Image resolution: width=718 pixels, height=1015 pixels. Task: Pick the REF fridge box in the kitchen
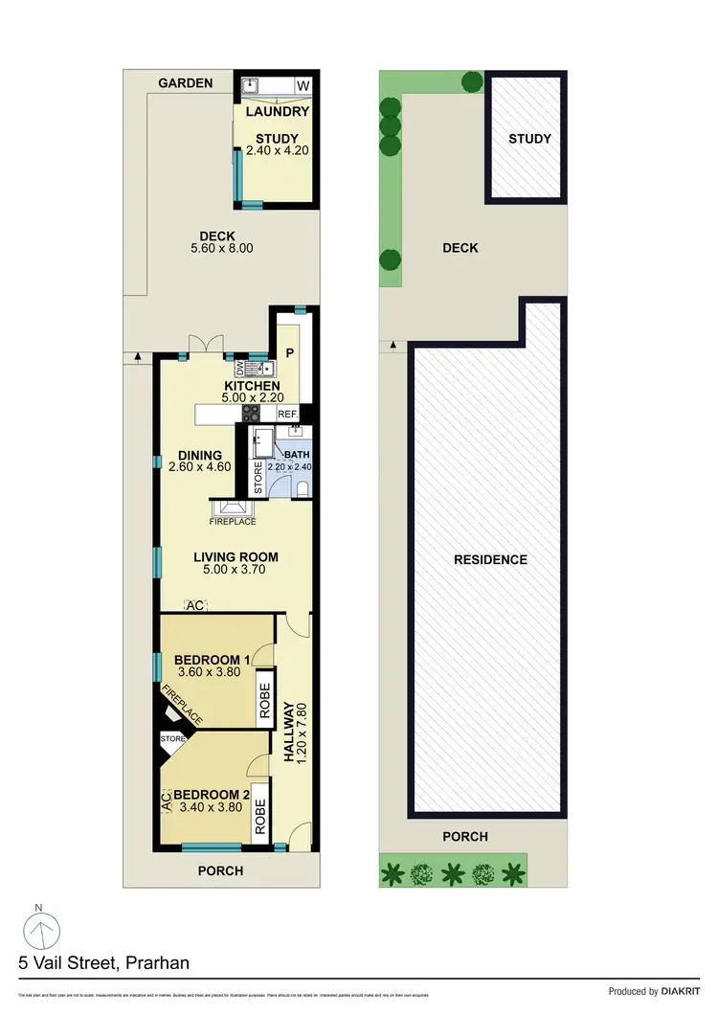click(287, 414)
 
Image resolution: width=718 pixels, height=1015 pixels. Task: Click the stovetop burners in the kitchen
click(250, 414)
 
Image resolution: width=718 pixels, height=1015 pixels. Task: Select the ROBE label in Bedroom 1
click(263, 699)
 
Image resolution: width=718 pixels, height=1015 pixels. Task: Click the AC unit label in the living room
click(195, 605)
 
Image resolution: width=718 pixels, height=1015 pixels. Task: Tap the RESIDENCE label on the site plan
click(490, 559)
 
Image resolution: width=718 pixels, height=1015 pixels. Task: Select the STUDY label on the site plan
click(529, 139)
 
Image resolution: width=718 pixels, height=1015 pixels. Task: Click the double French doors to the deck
click(206, 345)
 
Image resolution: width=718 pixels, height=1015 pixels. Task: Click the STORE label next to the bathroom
click(258, 477)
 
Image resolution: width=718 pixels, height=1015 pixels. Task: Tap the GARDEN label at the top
click(186, 83)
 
